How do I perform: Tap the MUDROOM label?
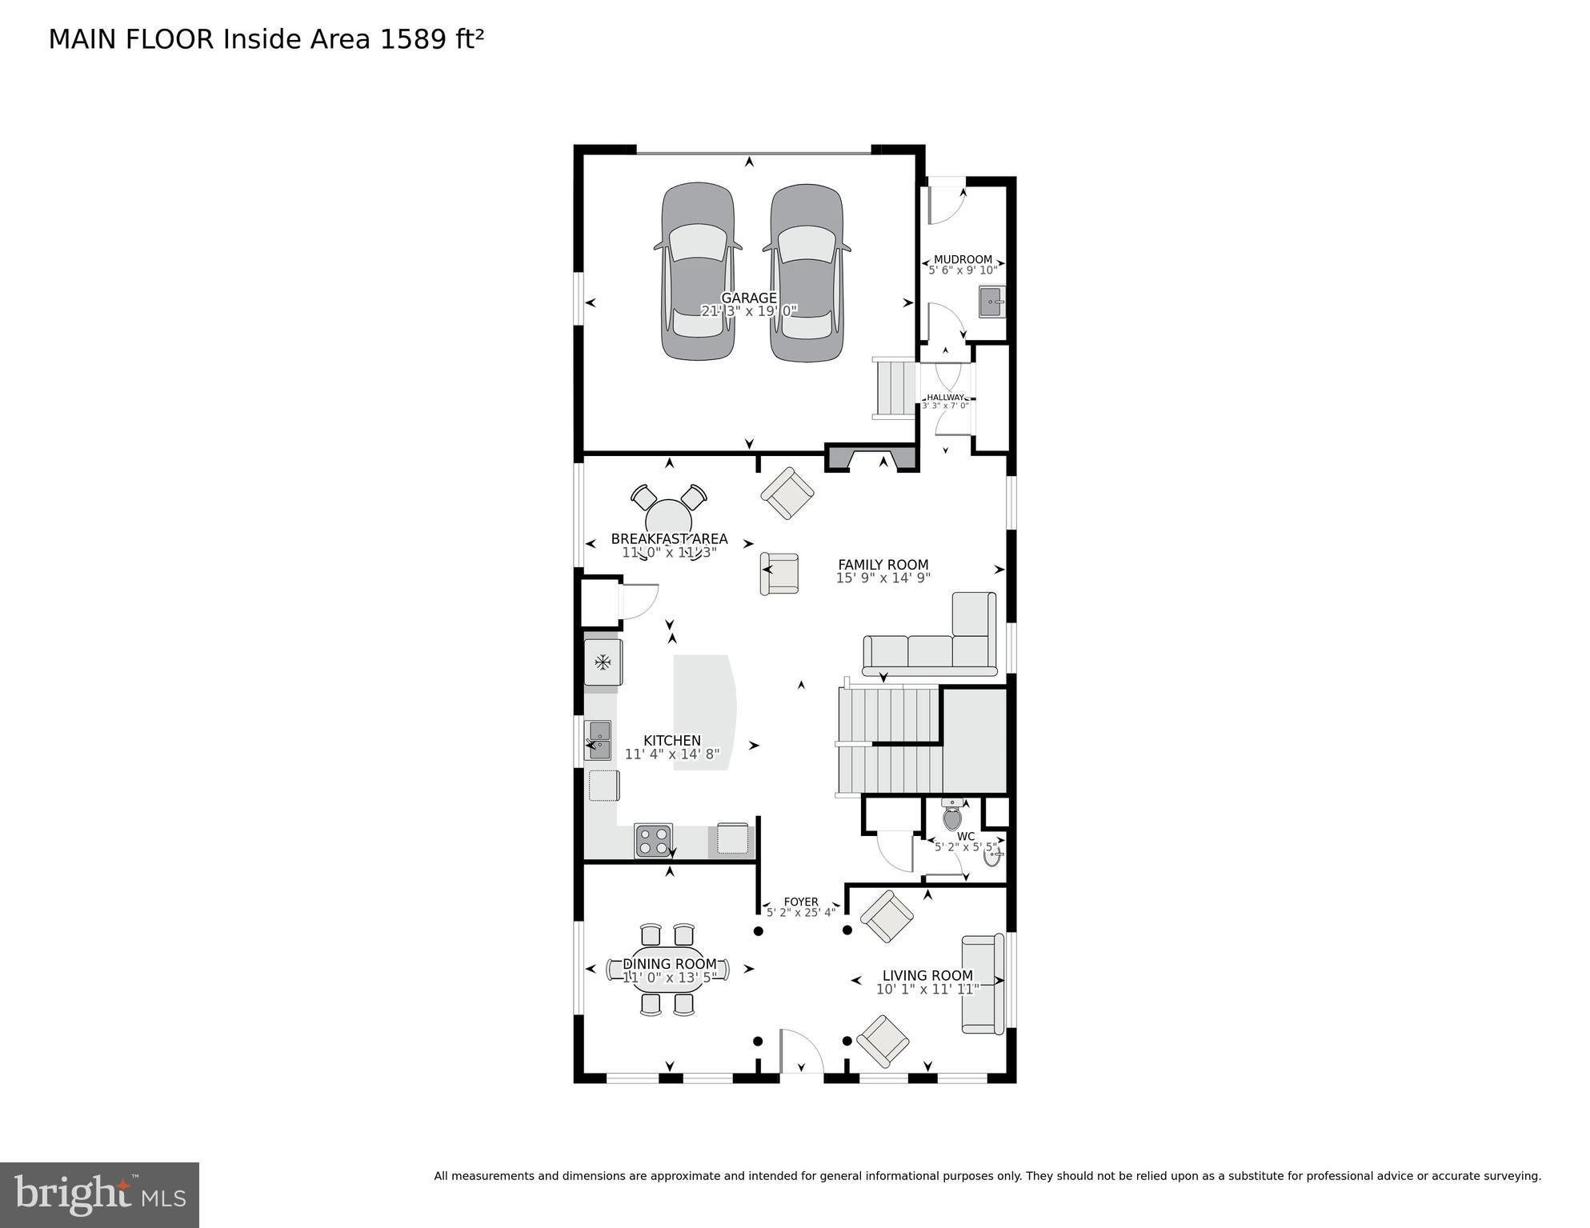[963, 259]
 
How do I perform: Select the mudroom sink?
[991, 302]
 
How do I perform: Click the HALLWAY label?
[945, 397]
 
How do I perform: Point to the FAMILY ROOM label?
[883, 564]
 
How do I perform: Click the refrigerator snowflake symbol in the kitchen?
[603, 662]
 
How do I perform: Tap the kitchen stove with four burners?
[653, 841]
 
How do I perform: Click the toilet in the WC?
[952, 816]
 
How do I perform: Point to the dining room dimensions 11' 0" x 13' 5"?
[669, 978]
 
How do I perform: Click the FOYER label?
[801, 902]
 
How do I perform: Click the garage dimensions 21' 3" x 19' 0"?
[749, 311]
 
